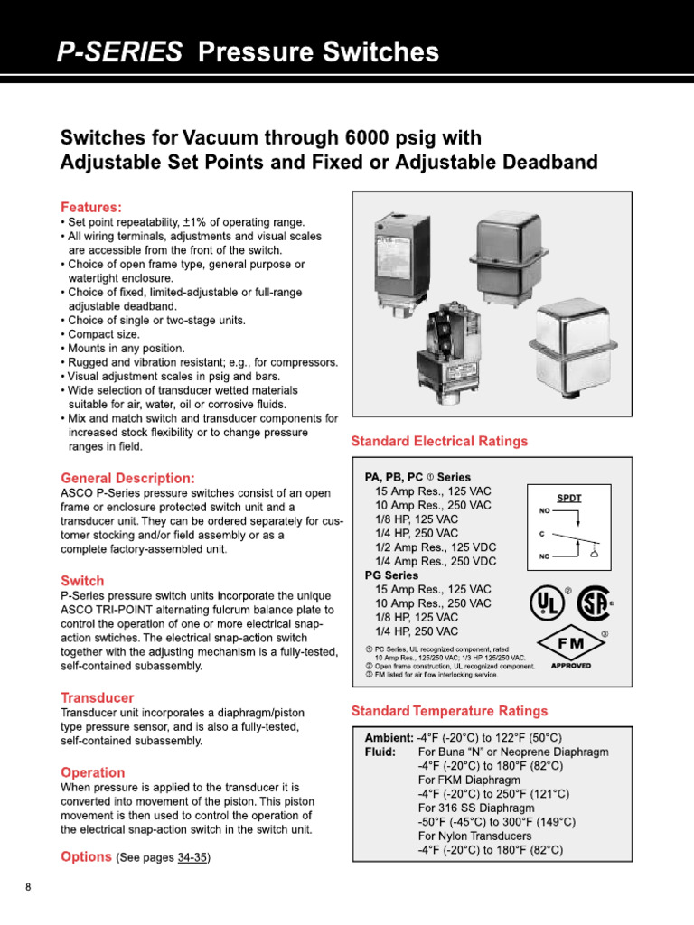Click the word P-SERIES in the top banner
(x=118, y=52)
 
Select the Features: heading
(x=90, y=207)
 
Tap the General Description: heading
(x=127, y=477)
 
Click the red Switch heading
(x=82, y=581)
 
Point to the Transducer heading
(x=97, y=697)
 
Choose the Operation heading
(x=92, y=772)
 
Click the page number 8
(x=28, y=887)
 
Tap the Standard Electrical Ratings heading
(x=439, y=442)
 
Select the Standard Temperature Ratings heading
(x=449, y=711)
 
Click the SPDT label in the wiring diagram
(x=569, y=498)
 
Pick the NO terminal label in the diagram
(x=545, y=510)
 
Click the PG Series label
(x=391, y=575)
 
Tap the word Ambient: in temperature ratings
(x=389, y=738)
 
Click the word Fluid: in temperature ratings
(x=380, y=752)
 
